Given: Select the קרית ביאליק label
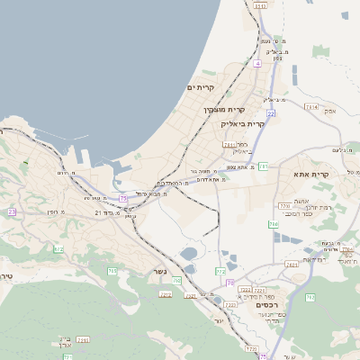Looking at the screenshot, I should pos(243,123).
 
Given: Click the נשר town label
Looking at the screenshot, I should pos(158,269).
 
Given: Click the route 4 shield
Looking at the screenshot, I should pos(257,63).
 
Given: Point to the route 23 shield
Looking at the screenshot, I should pos(13,211).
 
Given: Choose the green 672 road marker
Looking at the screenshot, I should pos(58,248).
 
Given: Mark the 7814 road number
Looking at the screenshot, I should pos(311,107).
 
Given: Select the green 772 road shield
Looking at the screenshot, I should pos(220,272).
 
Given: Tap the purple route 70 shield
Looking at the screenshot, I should pos(230,283).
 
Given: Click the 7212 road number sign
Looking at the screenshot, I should pos(166,294).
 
